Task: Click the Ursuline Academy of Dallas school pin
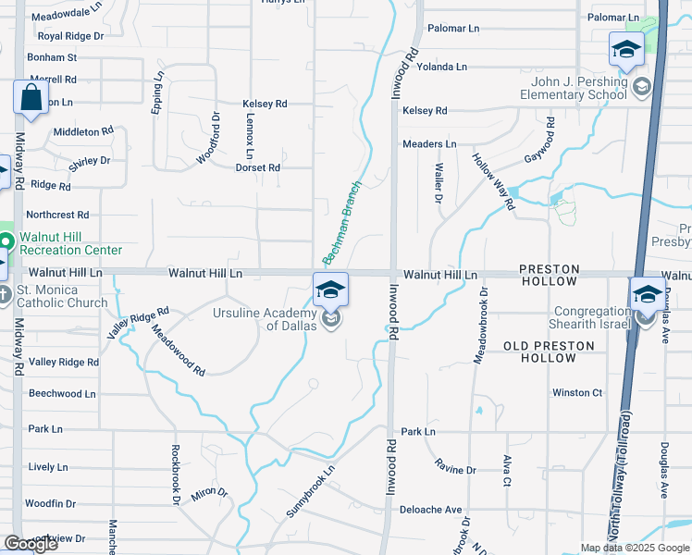coord(330,290)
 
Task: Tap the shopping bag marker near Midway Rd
coord(31,97)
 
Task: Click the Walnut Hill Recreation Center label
coord(70,243)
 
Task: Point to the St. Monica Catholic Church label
coord(62,296)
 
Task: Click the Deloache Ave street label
coord(430,510)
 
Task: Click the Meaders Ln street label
coord(429,144)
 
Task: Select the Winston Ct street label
coord(577,393)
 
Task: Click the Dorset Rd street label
coord(257,167)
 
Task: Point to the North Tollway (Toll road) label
coord(623,473)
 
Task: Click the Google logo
coord(30,544)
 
